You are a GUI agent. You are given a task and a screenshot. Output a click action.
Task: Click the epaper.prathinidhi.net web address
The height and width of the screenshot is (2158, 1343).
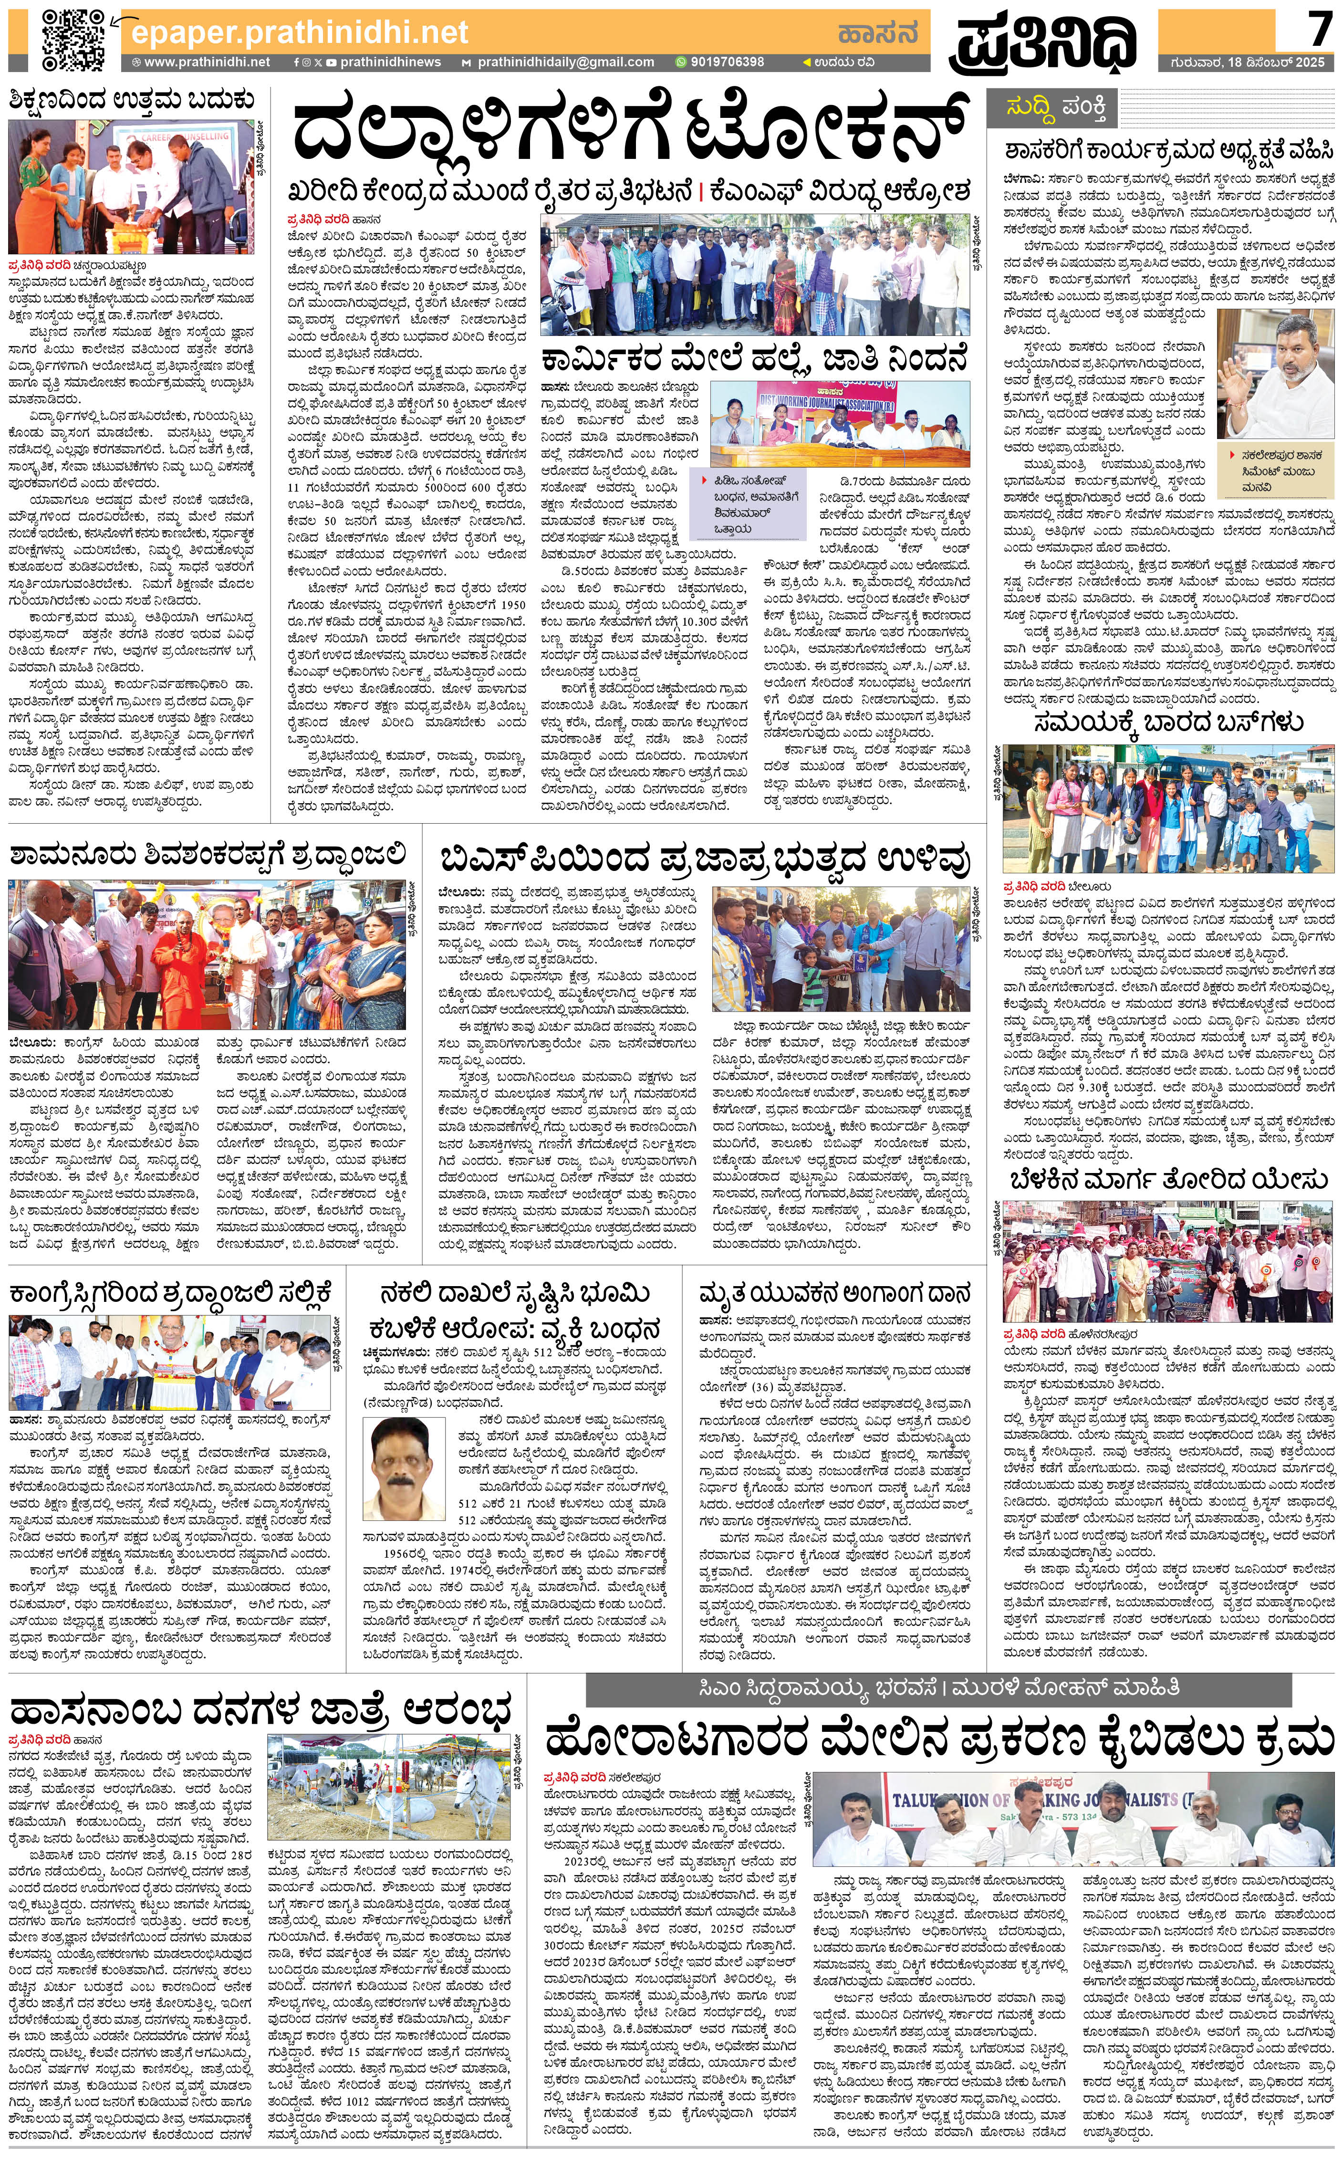click(299, 33)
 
